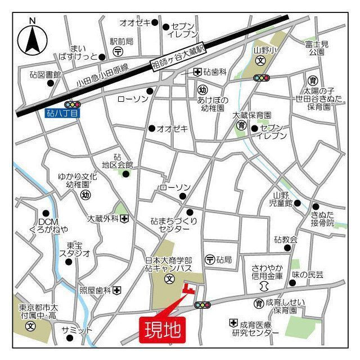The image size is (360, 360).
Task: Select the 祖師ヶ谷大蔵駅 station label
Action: [179, 58]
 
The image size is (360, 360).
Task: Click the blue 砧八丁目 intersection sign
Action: [63, 114]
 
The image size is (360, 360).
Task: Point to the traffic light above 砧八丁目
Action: [73, 104]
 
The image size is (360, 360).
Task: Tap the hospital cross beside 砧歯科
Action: [197, 72]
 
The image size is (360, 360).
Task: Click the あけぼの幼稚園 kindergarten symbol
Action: [203, 89]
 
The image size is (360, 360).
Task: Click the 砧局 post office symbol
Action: [210, 259]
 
